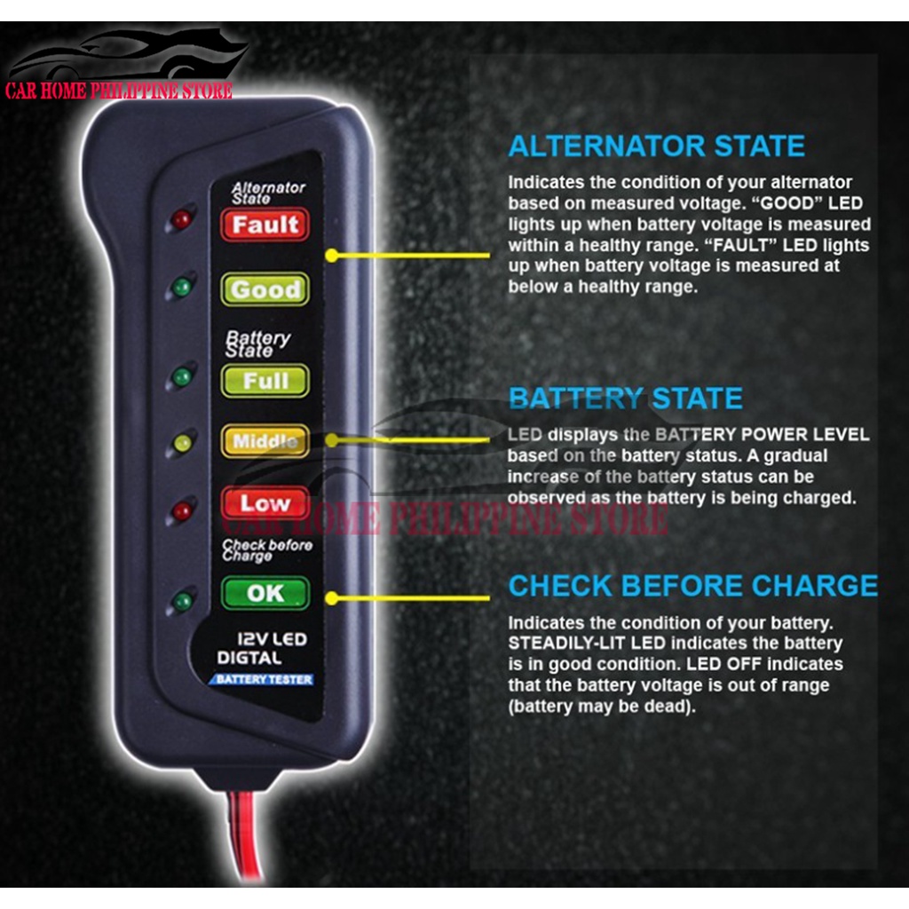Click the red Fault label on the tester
click(x=265, y=225)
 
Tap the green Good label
click(x=265, y=289)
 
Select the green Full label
click(x=265, y=381)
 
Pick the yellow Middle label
click(x=265, y=440)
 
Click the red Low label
click(x=265, y=503)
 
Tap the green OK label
click(x=265, y=593)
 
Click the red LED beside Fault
click(x=181, y=219)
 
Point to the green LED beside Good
click(x=182, y=287)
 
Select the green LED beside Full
click(x=182, y=376)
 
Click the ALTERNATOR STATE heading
click(x=656, y=146)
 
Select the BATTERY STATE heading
click(x=625, y=399)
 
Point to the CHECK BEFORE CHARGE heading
click(x=692, y=586)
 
